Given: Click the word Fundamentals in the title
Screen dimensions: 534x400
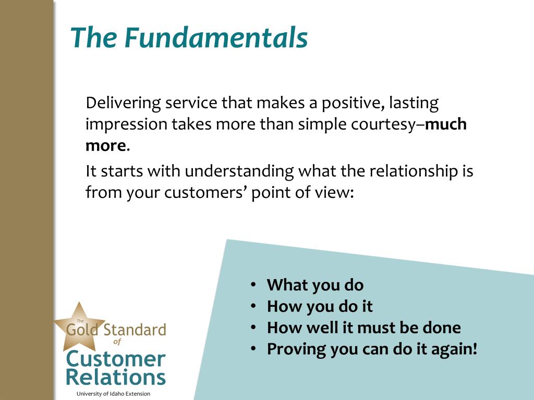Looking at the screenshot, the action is (x=216, y=37).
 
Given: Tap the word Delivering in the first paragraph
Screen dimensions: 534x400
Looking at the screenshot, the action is (x=123, y=103).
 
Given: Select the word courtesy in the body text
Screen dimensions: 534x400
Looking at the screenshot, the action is (x=384, y=125).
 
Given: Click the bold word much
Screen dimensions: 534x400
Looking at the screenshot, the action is (x=446, y=124).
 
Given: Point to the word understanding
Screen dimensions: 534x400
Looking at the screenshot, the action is (x=239, y=171).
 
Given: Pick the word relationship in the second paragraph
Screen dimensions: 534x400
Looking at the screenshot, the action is (x=414, y=171).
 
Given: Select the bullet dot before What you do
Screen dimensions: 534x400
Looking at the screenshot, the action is (x=253, y=284).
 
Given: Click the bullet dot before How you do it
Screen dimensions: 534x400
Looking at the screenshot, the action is (x=253, y=306).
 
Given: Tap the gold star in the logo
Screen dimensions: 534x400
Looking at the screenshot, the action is (x=79, y=327).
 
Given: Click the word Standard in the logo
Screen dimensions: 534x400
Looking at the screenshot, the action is (x=135, y=330).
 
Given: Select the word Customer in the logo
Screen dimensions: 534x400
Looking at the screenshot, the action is (x=116, y=359).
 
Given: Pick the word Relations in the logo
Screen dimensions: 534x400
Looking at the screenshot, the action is (x=116, y=377).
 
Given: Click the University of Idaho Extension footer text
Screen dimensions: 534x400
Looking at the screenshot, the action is (x=113, y=394).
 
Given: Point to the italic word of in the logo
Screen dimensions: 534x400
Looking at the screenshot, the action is (x=117, y=342).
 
